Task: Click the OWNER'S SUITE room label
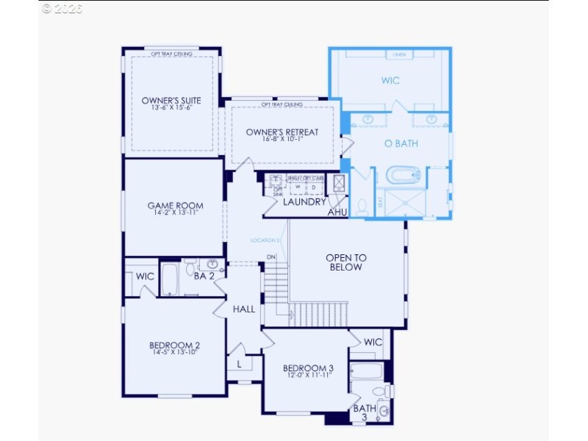click(x=171, y=101)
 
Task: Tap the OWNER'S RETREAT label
click(x=282, y=132)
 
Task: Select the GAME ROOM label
click(x=175, y=206)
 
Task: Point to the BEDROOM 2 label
click(x=175, y=345)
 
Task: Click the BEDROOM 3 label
click(x=309, y=368)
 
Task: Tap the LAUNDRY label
click(x=304, y=202)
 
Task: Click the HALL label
click(x=244, y=309)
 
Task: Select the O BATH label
click(x=401, y=144)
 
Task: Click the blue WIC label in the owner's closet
click(x=390, y=81)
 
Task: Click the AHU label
click(x=337, y=212)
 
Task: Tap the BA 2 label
click(x=204, y=276)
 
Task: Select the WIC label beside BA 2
click(x=146, y=276)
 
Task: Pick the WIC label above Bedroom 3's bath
click(x=373, y=342)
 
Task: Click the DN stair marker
click(x=271, y=257)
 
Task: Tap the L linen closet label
click(x=240, y=364)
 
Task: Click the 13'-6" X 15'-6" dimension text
click(x=171, y=109)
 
